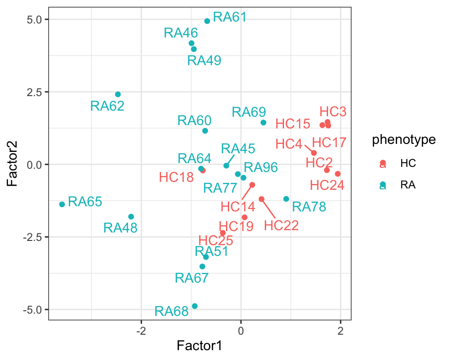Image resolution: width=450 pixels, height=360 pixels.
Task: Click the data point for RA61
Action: coord(207,21)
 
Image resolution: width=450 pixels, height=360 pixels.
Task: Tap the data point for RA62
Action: coord(118,95)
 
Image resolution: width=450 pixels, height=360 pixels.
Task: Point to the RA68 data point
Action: coord(195,306)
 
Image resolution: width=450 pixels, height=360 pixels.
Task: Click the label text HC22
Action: coord(281,225)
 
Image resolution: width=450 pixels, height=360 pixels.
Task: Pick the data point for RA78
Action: coord(286,199)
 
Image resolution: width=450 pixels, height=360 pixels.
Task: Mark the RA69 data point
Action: coord(263,123)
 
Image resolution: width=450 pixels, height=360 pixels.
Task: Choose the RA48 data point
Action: coord(131,217)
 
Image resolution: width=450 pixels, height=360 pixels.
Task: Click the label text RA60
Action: coord(195,120)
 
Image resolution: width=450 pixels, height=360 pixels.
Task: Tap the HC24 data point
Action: coord(337,174)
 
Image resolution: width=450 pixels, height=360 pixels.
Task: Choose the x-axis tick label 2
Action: coord(341,330)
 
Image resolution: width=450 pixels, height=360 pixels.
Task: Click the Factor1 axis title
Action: coord(199,346)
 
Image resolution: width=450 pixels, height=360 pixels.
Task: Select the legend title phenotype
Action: coord(404,140)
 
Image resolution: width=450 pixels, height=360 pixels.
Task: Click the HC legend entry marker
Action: coord(383,163)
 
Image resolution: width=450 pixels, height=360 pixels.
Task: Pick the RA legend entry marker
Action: coord(383,185)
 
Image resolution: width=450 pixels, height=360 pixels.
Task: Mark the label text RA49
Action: coord(204,60)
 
